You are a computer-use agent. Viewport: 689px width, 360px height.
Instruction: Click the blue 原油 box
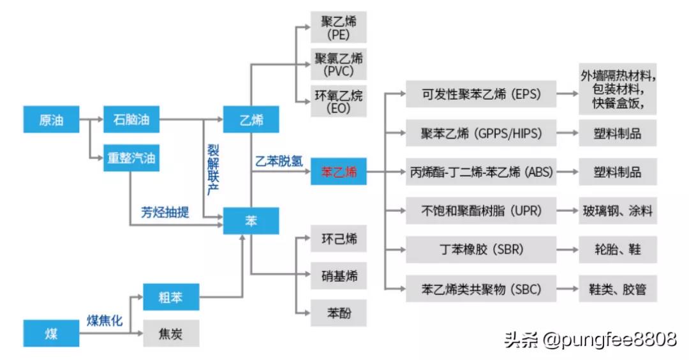(x=51, y=120)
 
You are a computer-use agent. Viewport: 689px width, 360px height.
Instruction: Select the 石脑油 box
(x=131, y=120)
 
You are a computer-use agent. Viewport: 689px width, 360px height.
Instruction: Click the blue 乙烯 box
(x=251, y=120)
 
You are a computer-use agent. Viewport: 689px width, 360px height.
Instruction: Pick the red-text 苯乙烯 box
(x=339, y=172)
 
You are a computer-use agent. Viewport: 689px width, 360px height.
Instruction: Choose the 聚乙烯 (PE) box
(x=339, y=27)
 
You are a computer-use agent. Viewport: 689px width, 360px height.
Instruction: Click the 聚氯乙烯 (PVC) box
(x=339, y=64)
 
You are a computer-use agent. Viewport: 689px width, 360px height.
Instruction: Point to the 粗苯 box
(x=170, y=297)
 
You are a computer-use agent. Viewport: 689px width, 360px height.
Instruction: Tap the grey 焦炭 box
(x=170, y=333)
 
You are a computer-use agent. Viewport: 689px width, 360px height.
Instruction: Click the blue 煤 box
(x=51, y=334)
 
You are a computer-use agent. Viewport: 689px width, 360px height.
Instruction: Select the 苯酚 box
(x=339, y=313)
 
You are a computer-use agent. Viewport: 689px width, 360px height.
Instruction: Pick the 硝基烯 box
(x=339, y=276)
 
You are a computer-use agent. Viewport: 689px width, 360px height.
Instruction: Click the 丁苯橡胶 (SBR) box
(x=481, y=250)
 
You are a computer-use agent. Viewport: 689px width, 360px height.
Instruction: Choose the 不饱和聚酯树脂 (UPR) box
(x=481, y=211)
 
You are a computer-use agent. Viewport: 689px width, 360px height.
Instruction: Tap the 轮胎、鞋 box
(x=617, y=250)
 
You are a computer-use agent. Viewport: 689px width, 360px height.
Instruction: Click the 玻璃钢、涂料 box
(x=617, y=211)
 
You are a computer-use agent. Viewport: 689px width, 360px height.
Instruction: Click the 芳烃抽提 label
(x=165, y=212)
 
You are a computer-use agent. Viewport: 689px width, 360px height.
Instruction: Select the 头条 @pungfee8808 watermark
(x=589, y=339)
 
